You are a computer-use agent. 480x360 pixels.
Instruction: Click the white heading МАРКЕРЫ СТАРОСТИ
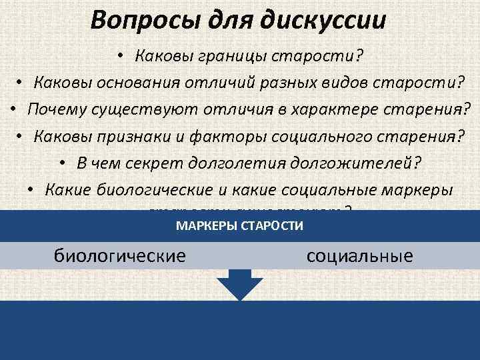239,227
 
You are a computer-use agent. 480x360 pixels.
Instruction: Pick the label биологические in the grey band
119,255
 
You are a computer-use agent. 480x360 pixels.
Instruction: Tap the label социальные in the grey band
360,255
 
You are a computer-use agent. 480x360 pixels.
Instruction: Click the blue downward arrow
239,284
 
